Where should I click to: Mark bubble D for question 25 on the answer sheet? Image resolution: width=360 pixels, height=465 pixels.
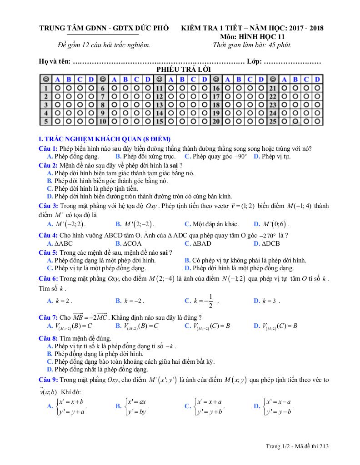(317, 121)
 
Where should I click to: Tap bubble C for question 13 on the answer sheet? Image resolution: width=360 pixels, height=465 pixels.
(193, 105)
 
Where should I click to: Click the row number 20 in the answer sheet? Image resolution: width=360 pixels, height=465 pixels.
(216, 121)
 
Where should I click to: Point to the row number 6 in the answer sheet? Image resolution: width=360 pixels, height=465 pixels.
(103, 88)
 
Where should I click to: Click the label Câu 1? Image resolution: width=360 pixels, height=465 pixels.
(48, 149)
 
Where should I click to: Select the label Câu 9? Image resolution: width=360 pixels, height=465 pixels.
(48, 379)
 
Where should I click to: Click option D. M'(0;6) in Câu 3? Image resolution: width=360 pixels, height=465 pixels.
(271, 224)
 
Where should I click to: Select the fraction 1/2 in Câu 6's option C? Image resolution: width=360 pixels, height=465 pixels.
(211, 301)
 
